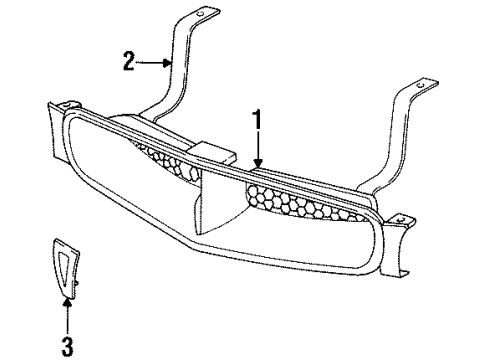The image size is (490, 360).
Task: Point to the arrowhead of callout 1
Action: (258, 165)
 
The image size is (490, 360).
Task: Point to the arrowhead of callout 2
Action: (172, 63)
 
